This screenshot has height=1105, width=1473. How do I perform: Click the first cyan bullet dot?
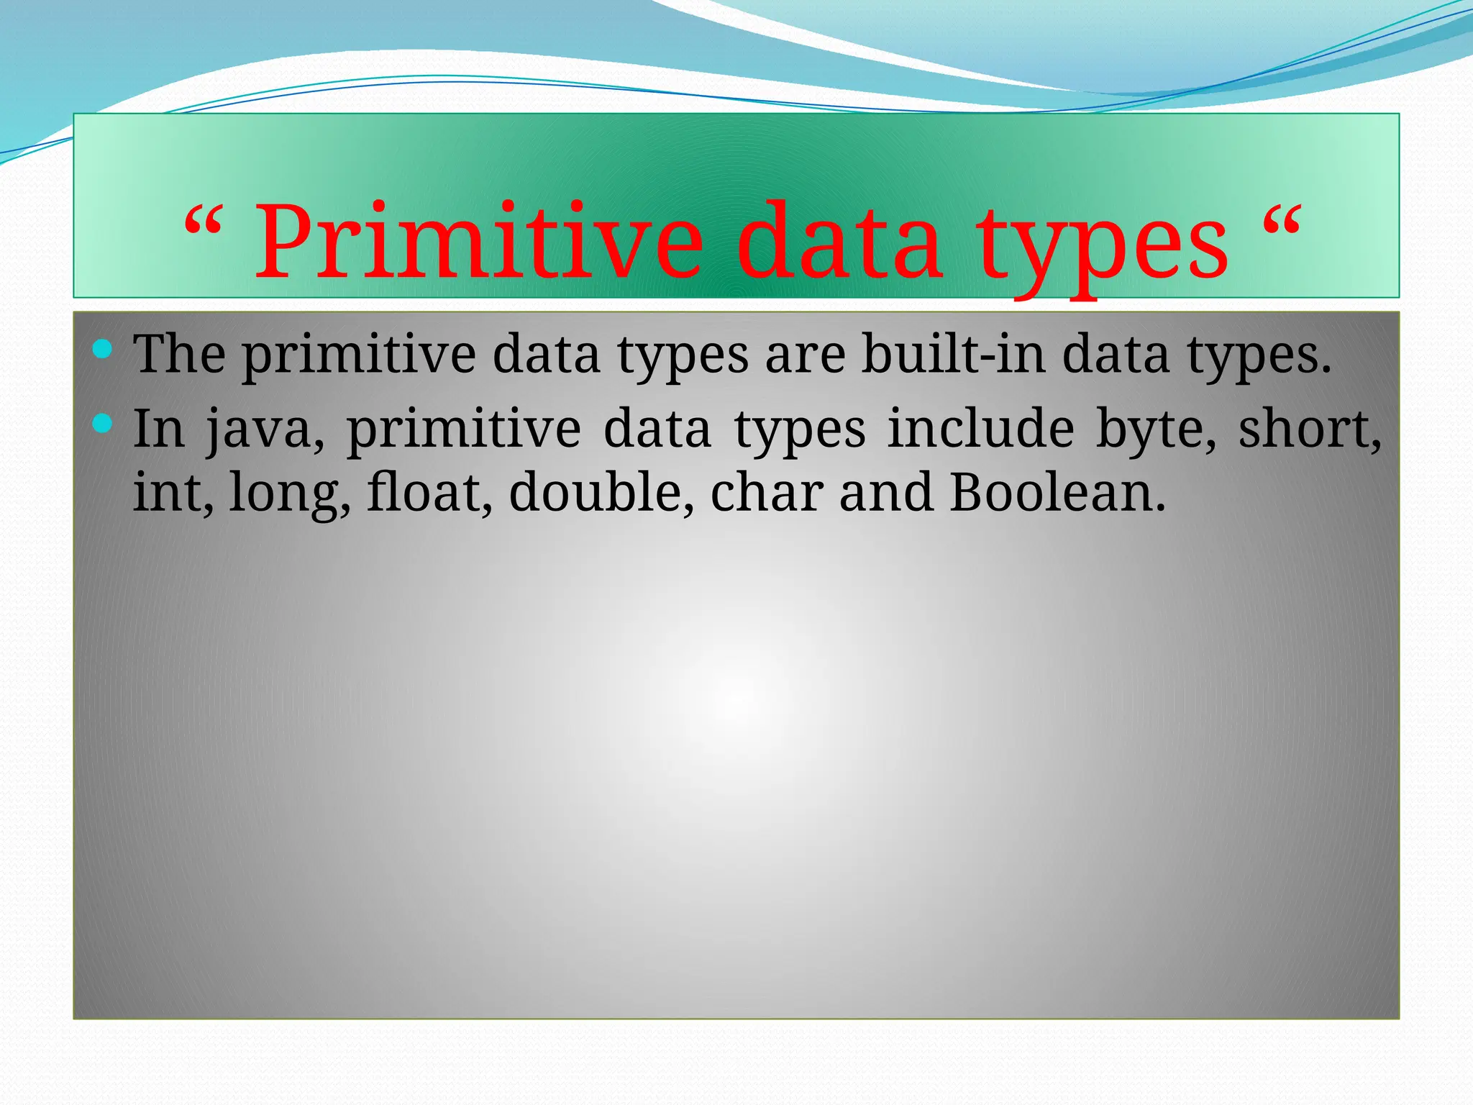click(103, 350)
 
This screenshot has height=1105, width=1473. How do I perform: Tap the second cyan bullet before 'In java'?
click(103, 424)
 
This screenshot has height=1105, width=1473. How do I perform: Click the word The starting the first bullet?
click(179, 354)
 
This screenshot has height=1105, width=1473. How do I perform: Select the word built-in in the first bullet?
click(954, 354)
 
